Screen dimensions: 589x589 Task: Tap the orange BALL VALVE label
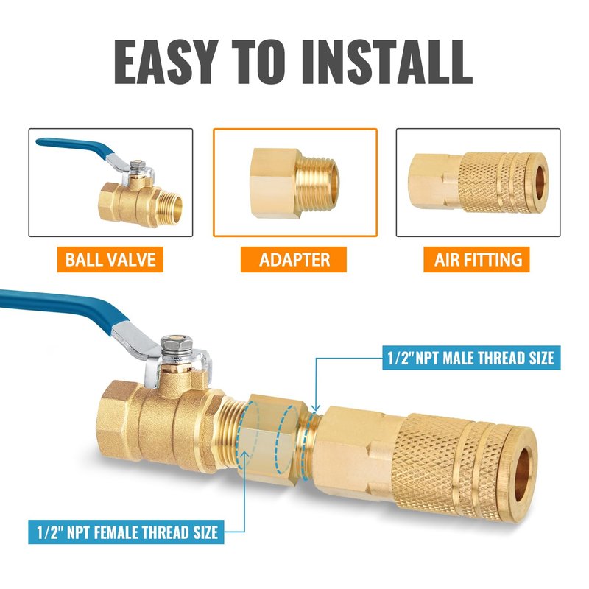coord(110,260)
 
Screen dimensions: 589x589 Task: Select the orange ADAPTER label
coord(294,260)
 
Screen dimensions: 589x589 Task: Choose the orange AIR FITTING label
coord(476,260)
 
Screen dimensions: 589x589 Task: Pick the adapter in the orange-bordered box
coord(295,183)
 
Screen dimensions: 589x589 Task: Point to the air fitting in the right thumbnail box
coord(478,182)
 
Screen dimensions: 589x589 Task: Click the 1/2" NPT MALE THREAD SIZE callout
coord(471,358)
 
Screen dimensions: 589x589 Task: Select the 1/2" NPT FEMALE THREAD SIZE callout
coord(126,532)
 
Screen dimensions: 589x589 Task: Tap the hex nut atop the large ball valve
coord(177,343)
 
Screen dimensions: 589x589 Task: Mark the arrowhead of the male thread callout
coord(316,409)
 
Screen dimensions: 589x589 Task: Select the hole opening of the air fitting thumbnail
coord(540,183)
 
